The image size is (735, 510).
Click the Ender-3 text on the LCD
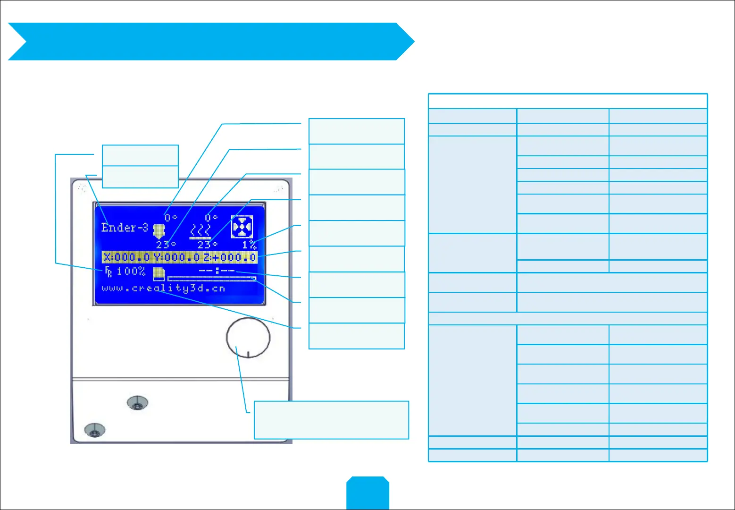[125, 228]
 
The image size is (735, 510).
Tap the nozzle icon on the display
[159, 230]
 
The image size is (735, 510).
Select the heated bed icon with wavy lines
[200, 232]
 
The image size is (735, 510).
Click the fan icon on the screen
[242, 227]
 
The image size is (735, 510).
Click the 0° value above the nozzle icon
[171, 218]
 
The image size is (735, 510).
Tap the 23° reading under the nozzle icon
[166, 245]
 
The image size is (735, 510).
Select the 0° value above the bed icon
[211, 218]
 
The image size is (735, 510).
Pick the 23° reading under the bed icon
[207, 245]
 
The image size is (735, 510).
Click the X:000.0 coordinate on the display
[126, 257]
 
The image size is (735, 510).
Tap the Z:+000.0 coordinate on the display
[230, 257]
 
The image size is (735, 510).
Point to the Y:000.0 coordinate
[177, 257]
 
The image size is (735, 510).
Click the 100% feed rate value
[131, 272]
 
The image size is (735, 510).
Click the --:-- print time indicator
[217, 271]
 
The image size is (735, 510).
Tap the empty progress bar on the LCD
[211, 279]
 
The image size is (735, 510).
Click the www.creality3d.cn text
[163, 289]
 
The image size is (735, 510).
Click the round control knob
[248, 338]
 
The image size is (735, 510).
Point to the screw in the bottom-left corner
[94, 430]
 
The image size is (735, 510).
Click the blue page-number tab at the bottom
[368, 493]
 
